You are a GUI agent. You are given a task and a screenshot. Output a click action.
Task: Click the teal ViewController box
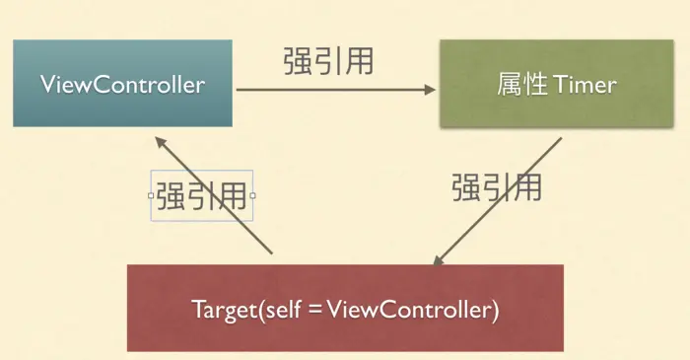coord(122,83)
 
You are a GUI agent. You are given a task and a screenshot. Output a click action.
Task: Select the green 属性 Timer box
coord(556,83)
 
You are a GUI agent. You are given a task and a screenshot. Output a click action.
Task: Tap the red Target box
coord(345,308)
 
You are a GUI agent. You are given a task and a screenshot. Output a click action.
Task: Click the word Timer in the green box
coord(585,85)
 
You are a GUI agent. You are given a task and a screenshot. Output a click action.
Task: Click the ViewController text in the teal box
coord(123,84)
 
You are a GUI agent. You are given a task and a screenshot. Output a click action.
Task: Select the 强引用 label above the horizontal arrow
coord(328,61)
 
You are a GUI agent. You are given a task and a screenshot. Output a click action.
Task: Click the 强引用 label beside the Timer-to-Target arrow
coord(497,186)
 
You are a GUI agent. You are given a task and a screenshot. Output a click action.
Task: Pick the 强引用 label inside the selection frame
coord(201,195)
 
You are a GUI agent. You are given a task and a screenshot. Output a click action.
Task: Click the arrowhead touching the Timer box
coord(430,90)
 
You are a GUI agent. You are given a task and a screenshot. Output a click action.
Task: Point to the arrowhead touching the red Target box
coord(438,259)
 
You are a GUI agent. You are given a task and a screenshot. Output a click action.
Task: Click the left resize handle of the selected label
coord(151,195)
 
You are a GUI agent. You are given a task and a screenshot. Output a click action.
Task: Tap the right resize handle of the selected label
coord(253,195)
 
